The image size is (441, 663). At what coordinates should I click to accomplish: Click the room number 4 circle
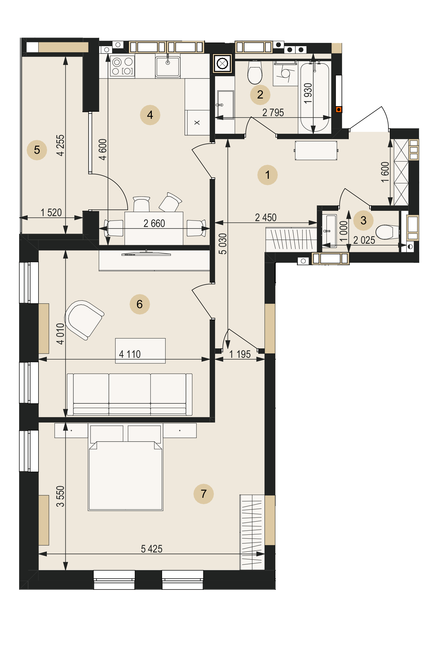point(150,115)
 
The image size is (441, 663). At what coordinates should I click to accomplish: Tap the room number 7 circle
point(204,494)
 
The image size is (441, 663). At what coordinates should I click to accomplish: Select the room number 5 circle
point(37,150)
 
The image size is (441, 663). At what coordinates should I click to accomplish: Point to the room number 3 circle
point(363,220)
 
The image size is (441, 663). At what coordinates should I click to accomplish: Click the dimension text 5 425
point(152,549)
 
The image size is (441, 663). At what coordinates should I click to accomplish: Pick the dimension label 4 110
point(130,354)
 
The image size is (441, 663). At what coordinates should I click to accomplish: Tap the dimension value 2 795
point(273,112)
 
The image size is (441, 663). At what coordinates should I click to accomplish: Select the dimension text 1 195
point(240,354)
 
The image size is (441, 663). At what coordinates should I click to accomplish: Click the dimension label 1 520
point(51,212)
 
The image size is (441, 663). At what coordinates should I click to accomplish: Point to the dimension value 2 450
point(266,217)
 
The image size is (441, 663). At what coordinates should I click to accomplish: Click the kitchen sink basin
point(168,66)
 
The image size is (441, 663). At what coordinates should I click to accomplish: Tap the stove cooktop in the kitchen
point(122,66)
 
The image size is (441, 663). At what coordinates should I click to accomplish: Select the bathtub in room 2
point(314,97)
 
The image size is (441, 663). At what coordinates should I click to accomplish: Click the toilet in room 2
point(255,72)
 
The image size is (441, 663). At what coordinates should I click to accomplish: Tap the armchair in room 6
point(84,320)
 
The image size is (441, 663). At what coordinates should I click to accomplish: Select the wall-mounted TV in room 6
point(146,254)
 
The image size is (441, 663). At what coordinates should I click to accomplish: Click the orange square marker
point(339,110)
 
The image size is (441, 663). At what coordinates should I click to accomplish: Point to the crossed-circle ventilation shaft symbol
point(222,64)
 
